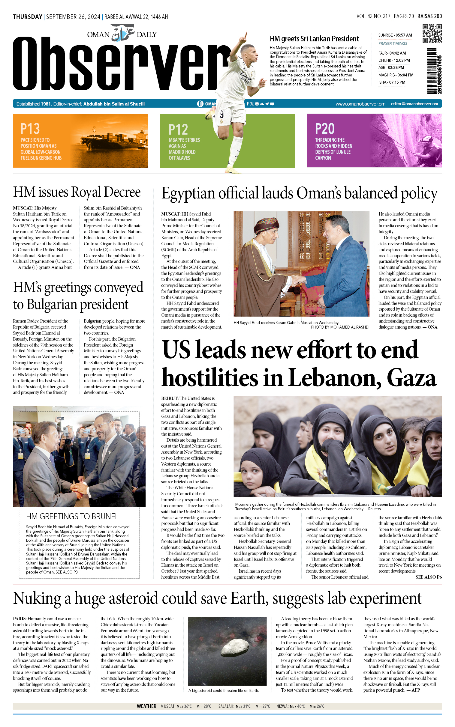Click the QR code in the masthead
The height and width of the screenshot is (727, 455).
click(432, 34)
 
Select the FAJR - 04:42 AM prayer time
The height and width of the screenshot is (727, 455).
click(392, 53)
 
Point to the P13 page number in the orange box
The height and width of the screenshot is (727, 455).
click(30, 129)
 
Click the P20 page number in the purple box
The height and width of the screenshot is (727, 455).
click(324, 129)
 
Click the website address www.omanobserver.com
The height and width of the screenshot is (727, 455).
click(360, 104)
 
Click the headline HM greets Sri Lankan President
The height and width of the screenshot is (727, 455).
click(314, 39)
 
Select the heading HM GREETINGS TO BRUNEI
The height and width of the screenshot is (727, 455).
click(71, 516)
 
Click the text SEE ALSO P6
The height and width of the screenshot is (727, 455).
click(428, 577)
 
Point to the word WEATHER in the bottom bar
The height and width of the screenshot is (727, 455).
click(146, 706)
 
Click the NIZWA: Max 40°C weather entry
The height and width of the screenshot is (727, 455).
click(290, 706)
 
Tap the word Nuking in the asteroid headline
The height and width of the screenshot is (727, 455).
click(37, 598)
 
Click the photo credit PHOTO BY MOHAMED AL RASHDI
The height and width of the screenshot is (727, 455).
click(340, 327)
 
